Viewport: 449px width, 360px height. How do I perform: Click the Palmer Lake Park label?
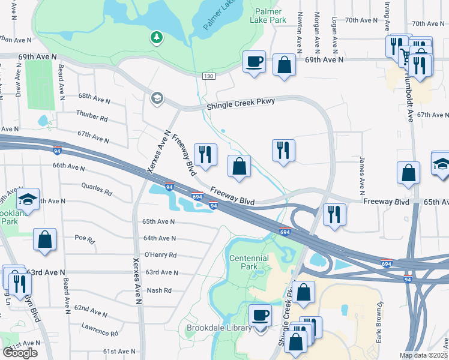(x=270, y=16)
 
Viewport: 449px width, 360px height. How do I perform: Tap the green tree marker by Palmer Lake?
(x=156, y=38)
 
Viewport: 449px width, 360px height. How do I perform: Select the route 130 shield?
(x=208, y=76)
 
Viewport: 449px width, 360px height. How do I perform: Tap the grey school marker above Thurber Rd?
(x=157, y=98)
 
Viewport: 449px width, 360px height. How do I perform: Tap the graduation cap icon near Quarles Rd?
(x=28, y=199)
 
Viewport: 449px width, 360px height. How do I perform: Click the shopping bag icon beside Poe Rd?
(x=45, y=239)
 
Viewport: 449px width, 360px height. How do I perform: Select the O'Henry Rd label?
(x=161, y=255)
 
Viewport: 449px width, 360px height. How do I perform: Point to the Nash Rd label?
(x=159, y=290)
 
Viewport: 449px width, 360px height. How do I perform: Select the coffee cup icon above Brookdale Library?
(x=261, y=315)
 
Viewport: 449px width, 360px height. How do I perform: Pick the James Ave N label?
(x=361, y=177)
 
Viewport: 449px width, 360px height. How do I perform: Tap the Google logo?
(x=20, y=353)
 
